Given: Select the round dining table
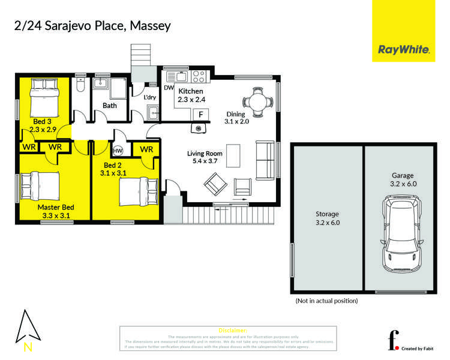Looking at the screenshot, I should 257,101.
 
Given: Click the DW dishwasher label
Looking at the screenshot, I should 168,88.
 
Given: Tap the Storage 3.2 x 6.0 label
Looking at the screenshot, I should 328,218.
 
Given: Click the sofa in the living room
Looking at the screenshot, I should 265,161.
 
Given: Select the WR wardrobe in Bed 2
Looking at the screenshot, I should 146,149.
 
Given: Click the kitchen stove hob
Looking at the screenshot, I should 199,76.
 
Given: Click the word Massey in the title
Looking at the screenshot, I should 151,26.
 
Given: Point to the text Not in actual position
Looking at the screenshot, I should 326,300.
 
